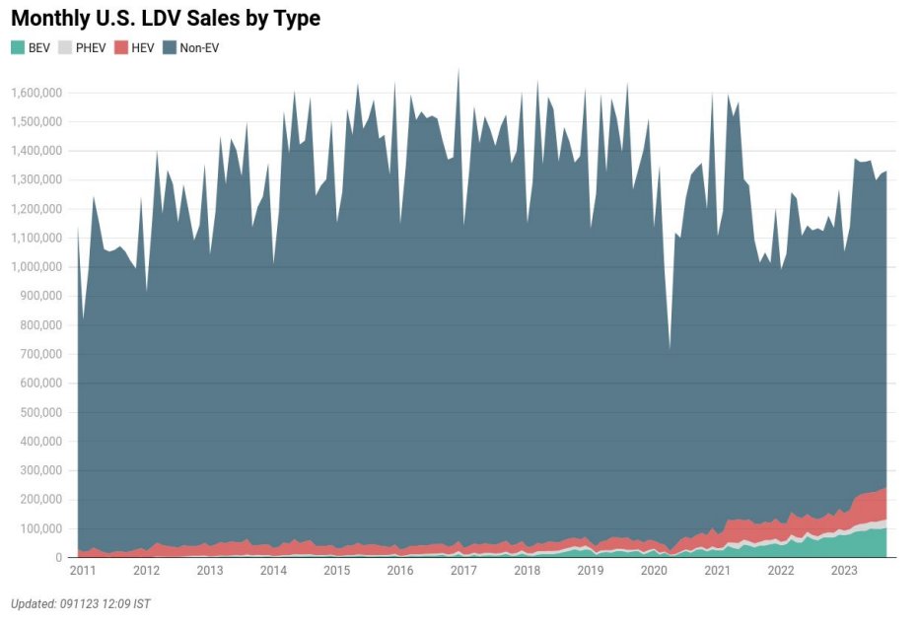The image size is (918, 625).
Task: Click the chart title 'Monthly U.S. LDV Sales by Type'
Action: (x=166, y=18)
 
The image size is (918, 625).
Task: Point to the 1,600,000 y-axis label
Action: (x=36, y=93)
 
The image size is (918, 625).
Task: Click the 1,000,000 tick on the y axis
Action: (x=36, y=267)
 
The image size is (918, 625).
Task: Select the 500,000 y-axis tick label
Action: (x=41, y=412)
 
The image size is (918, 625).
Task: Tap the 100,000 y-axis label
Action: (x=41, y=528)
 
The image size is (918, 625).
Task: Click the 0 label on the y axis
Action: (x=60, y=558)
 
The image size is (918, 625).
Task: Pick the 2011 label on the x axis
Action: (x=83, y=571)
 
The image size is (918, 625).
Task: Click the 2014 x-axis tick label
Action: (x=273, y=571)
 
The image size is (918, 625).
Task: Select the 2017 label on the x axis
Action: (x=463, y=571)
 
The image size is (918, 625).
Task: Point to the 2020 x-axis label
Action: (x=654, y=571)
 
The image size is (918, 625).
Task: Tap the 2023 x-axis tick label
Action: (x=844, y=571)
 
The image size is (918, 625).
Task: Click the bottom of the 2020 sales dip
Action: (x=671, y=348)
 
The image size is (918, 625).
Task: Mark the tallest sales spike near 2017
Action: (x=459, y=69)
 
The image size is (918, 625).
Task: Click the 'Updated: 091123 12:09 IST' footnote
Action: (x=81, y=603)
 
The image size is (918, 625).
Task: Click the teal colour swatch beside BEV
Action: (x=17, y=47)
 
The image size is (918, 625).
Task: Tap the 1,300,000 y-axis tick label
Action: (x=36, y=179)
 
